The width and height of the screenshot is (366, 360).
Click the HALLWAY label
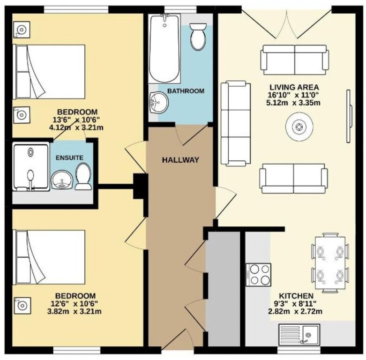point(180,160)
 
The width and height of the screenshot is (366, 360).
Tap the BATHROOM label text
point(186,91)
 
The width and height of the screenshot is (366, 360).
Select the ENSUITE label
point(69,158)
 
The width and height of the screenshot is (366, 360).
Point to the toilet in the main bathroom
point(198,36)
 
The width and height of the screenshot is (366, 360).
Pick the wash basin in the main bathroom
point(159,103)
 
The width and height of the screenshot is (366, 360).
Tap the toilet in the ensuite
point(83,176)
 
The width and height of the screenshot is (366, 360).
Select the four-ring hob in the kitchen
point(258,275)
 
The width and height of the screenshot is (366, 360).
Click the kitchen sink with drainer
point(299,334)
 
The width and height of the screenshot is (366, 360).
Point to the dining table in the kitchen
point(330,262)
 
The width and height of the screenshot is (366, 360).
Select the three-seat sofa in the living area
point(236,123)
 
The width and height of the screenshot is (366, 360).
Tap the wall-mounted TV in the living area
point(349,116)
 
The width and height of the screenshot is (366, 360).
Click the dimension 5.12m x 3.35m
point(293,103)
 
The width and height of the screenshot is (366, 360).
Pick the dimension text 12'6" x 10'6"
point(74,303)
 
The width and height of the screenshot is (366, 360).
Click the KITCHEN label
point(296,296)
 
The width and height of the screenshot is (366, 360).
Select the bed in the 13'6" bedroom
point(49,72)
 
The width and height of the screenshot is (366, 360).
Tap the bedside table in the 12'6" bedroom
point(22,306)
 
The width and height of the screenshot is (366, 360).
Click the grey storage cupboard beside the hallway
point(223,289)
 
